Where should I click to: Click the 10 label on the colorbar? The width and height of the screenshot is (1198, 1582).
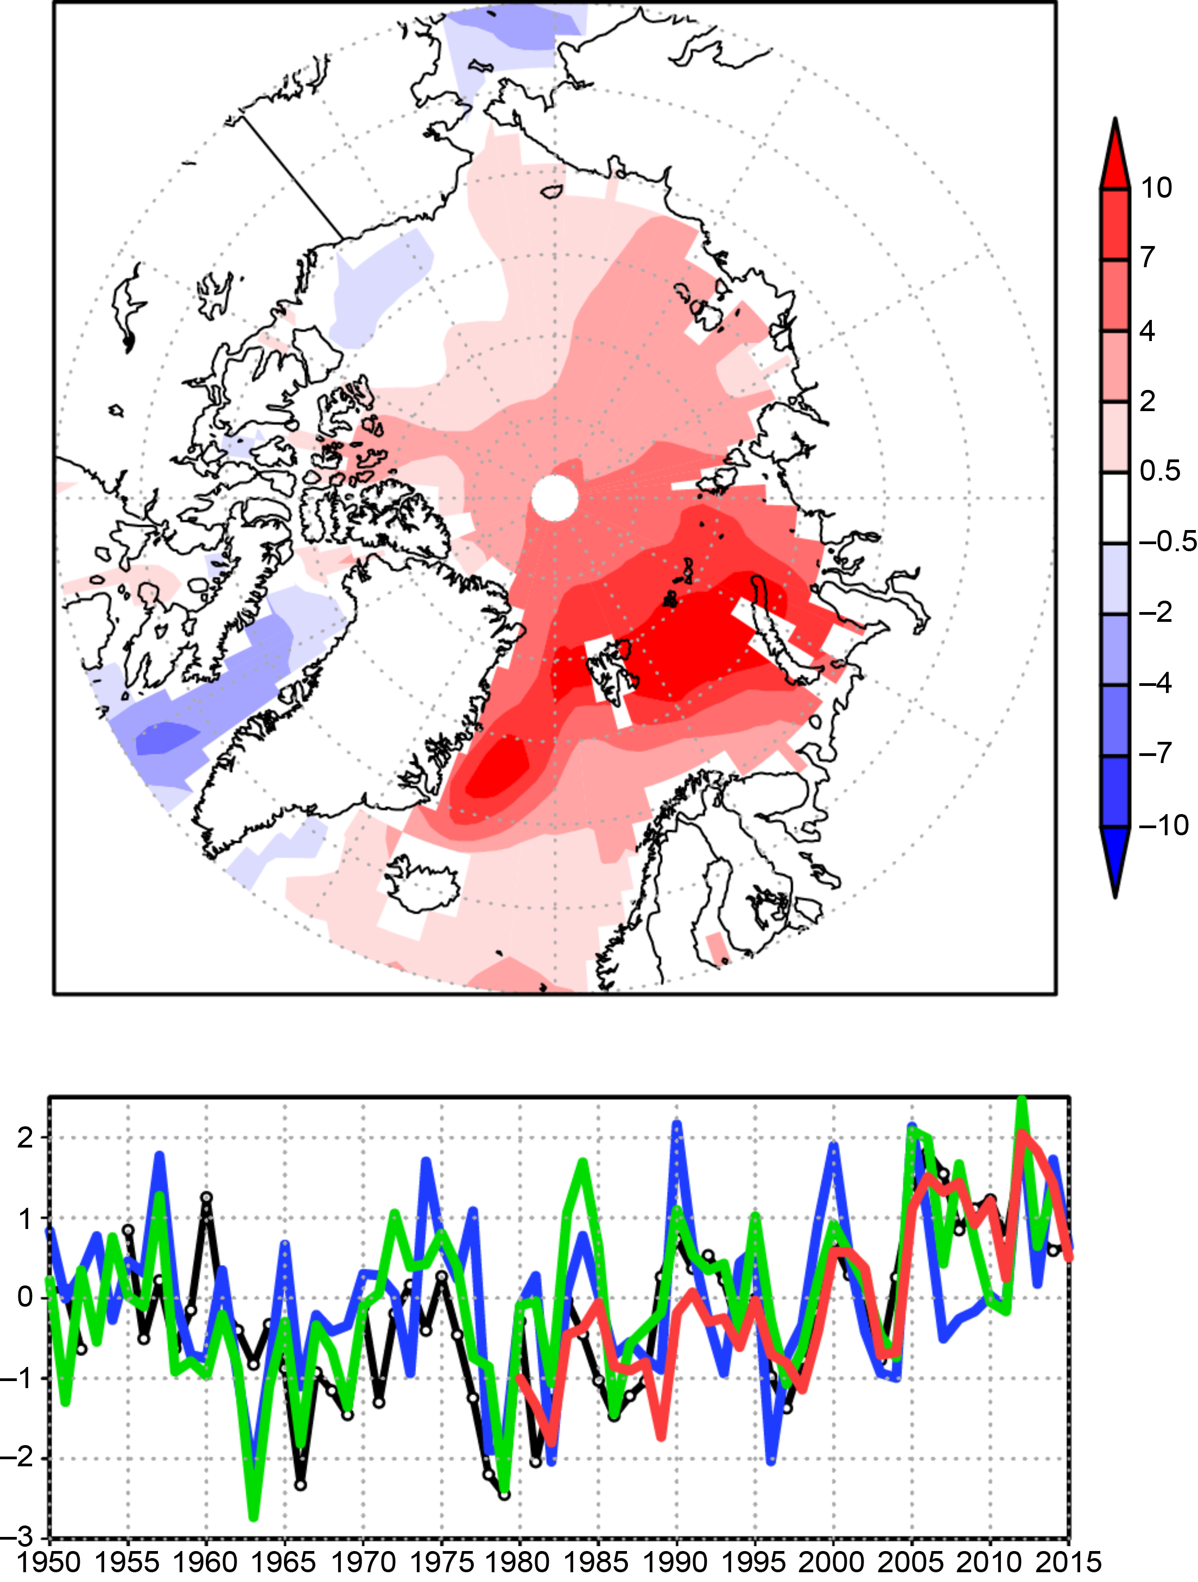pos(1156,188)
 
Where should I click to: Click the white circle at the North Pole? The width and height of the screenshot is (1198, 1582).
pos(554,498)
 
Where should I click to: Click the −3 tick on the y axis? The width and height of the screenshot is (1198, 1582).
pos(20,1537)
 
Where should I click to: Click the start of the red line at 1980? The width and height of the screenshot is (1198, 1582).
pos(519,1377)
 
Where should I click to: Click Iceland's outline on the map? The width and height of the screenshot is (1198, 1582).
pos(422,887)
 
